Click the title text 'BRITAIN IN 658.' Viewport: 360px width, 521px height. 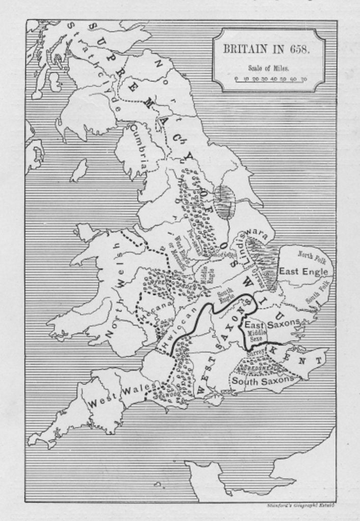pyautogui.click(x=266, y=50)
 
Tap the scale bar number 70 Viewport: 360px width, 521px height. pyautogui.click(x=303, y=79)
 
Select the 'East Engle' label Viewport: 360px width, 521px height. pyautogui.click(x=303, y=272)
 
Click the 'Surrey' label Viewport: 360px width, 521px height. pyautogui.click(x=255, y=353)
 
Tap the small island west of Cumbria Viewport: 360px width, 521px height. pyautogui.click(x=79, y=170)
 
